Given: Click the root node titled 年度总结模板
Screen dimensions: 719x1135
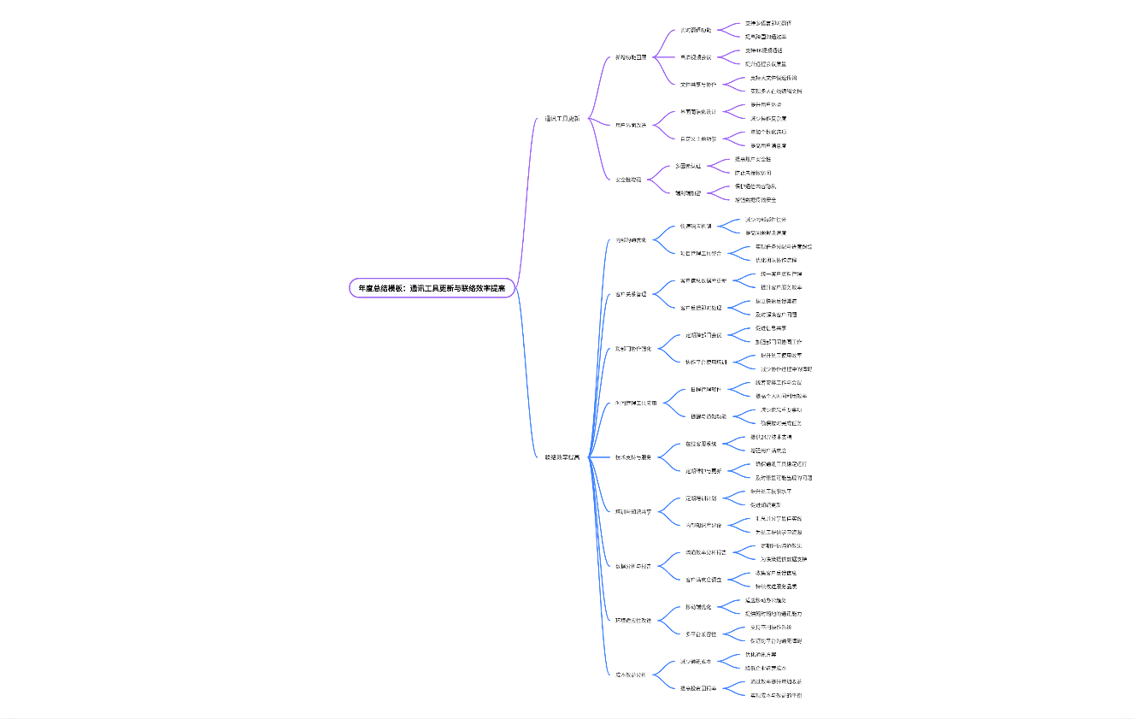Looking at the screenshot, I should (432, 288).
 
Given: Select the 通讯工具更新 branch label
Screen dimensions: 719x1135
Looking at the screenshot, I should (562, 118).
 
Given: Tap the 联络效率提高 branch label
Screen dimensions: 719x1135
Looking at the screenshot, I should (562, 457).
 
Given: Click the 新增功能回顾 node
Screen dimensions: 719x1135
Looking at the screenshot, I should (631, 57).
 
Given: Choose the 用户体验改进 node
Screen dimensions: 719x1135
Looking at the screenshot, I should (631, 125).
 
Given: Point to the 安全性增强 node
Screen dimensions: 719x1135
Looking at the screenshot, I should (628, 180).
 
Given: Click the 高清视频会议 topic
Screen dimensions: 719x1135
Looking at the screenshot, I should (695, 57).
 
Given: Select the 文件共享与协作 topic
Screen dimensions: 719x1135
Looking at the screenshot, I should (698, 85).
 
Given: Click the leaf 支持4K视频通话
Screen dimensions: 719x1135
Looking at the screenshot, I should (763, 50).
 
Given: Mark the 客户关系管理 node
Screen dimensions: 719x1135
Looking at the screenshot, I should (632, 294).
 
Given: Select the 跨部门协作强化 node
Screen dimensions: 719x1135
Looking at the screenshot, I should (633, 349).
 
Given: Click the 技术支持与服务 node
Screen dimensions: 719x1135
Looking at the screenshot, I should (633, 457).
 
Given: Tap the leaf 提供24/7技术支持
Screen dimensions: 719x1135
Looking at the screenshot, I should (771, 437).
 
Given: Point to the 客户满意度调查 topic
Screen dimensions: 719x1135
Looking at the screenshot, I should (703, 580).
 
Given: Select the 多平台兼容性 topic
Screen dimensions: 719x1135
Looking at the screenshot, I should (701, 634).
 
